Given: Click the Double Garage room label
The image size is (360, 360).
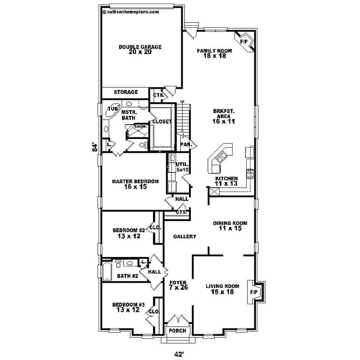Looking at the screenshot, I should coord(140,49).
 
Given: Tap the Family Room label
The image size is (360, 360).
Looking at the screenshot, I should coord(214,53).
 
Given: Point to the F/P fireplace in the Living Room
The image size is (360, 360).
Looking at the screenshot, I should coord(254,292).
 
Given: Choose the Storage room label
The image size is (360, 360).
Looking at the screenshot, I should coord(126,92).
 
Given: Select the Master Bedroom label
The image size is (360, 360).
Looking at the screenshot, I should coord(135,184).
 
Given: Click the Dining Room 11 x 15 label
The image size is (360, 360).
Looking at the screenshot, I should coord(230,225).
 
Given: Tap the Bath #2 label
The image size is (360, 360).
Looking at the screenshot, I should coord(127,276).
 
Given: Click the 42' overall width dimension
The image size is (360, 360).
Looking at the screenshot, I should coord(179,354).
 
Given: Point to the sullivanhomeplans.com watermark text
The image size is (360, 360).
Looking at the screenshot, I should coord(131,12).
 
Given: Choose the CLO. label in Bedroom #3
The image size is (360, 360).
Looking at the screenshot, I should coord(153,311).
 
